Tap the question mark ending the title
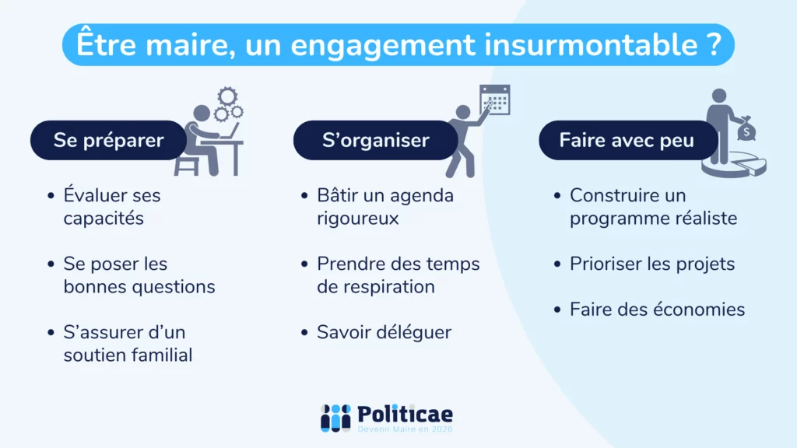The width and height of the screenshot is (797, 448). [x=714, y=44]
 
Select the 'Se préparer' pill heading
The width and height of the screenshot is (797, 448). [x=108, y=140]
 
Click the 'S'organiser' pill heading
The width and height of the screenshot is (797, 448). [x=376, y=140]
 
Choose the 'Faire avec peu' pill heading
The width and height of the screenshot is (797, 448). [x=628, y=140]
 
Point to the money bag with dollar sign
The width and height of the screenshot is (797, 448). [x=746, y=129]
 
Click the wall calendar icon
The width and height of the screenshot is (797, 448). [x=494, y=100]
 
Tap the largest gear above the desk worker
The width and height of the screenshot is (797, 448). [x=227, y=96]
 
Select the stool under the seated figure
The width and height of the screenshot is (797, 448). [x=186, y=166]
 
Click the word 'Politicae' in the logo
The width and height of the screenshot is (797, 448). [x=405, y=415]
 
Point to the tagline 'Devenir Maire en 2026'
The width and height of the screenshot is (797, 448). [x=405, y=429]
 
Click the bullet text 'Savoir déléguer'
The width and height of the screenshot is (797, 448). [x=384, y=332]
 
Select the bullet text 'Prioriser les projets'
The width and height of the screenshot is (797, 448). [x=652, y=264]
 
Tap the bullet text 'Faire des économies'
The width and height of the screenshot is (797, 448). [x=657, y=310]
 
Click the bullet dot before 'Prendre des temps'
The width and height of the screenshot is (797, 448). [x=304, y=264]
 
